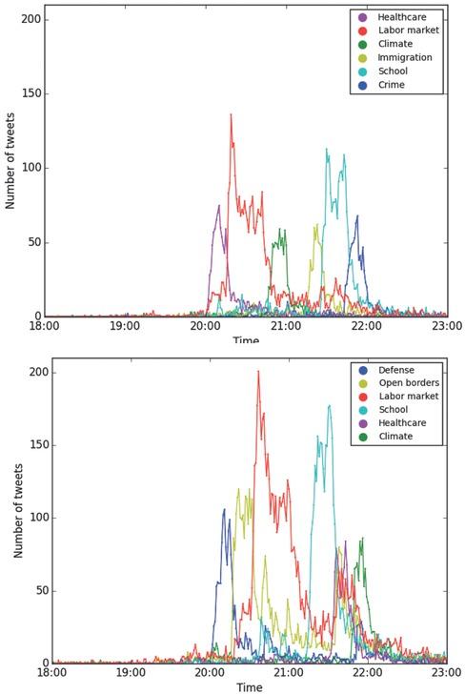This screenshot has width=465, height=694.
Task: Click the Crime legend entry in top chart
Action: (x=391, y=85)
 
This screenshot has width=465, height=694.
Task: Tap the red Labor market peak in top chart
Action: (x=231, y=115)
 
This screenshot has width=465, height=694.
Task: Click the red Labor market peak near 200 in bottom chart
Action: (x=258, y=372)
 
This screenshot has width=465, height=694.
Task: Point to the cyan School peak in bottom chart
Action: (x=330, y=406)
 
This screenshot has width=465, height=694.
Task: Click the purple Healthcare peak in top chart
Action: (x=218, y=206)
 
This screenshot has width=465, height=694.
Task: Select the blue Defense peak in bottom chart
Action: (x=225, y=510)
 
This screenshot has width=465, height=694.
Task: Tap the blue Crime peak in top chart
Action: (x=357, y=216)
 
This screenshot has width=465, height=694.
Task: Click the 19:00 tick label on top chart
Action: (x=125, y=326)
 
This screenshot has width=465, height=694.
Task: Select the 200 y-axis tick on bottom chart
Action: (x=32, y=372)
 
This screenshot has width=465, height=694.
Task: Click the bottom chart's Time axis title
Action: (x=249, y=686)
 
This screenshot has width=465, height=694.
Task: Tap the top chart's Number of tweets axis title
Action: (x=10, y=168)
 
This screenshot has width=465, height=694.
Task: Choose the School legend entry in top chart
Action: (x=391, y=71)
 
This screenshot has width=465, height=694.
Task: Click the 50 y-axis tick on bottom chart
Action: (x=36, y=590)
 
